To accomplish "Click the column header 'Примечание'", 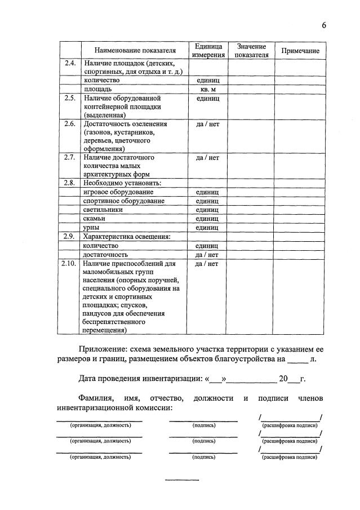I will click(300, 51).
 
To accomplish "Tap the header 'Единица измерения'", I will click(208, 51).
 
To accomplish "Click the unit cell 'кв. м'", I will click(207, 89).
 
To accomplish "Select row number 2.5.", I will click(70, 98).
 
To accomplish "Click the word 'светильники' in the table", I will click(103, 210).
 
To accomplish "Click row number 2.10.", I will click(70, 263).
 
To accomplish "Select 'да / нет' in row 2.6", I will click(207, 124).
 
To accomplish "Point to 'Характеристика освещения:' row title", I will click(127, 237).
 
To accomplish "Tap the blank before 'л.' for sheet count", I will click(297, 359).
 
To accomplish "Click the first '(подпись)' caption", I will click(203, 425).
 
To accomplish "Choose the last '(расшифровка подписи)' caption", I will click(290, 457).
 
